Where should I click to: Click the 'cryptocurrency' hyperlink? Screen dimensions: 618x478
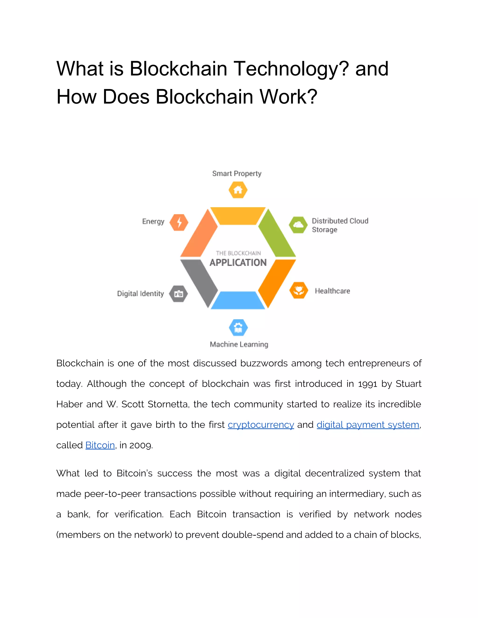[x=261, y=425]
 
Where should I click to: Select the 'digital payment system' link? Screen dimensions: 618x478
[x=368, y=425]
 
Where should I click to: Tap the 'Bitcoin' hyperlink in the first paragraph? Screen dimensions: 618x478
[x=100, y=445]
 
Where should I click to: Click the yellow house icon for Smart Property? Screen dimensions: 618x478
[x=238, y=190]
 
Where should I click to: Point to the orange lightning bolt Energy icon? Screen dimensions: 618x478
[x=179, y=222]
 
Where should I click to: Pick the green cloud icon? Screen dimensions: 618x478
[x=298, y=225]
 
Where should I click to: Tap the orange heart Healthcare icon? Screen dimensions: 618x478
[x=299, y=290]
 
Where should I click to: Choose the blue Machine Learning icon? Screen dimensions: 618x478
[x=238, y=328]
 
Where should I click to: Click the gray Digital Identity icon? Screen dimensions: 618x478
[x=178, y=294]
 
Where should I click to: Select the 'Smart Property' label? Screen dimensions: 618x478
[x=237, y=174]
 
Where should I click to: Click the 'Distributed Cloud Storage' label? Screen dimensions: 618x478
[x=340, y=225]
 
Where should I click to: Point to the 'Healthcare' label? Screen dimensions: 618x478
[x=332, y=291]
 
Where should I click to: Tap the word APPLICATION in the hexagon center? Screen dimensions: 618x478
[x=238, y=262]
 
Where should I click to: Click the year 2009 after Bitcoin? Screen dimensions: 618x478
[x=141, y=445]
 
